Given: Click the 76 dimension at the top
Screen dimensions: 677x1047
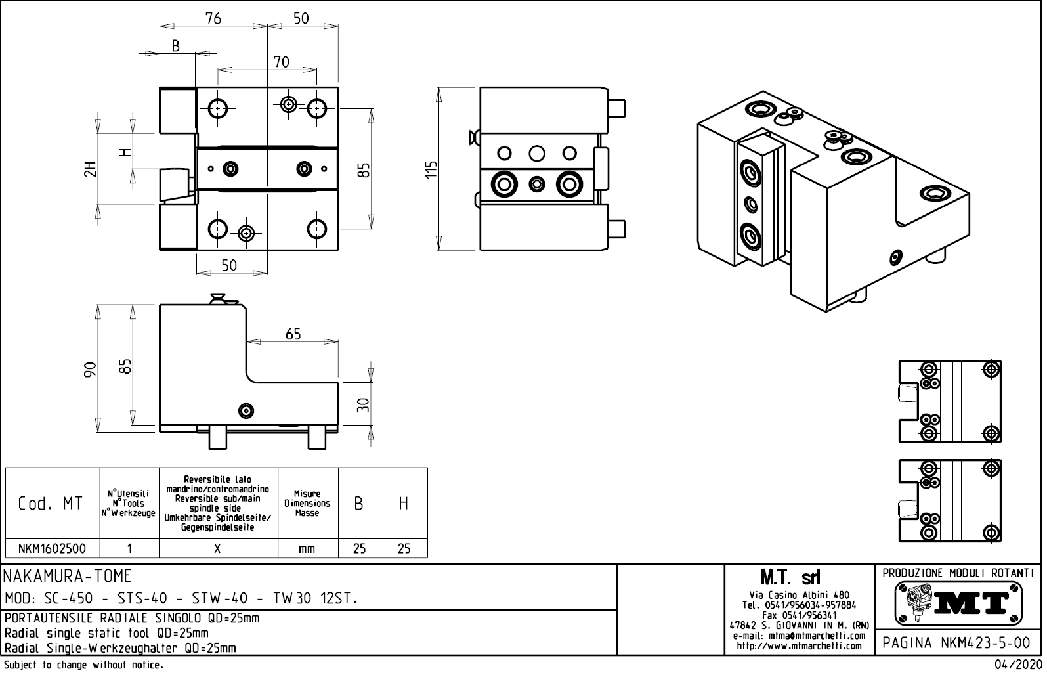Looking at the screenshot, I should tap(213, 18).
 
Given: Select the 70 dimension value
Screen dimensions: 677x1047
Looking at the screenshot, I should tap(281, 62).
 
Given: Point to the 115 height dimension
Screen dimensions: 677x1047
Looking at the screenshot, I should tap(431, 169).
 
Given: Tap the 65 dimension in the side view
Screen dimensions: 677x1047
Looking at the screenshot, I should tap(293, 334).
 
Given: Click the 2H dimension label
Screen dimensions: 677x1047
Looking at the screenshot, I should tap(90, 169).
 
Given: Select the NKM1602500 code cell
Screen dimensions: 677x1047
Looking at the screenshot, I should tap(52, 548).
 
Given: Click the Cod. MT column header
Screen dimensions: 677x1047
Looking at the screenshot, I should tap(51, 504).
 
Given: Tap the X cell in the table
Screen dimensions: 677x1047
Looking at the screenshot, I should tap(218, 548).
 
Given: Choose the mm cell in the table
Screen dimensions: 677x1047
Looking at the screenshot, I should tap(307, 548).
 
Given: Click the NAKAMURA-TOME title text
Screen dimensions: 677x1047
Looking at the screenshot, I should tap(68, 577).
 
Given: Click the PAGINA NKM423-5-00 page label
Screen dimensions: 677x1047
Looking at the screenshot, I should tap(957, 643).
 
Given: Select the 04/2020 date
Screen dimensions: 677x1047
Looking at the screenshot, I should tap(1017, 666).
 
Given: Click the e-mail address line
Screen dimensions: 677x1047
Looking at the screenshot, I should tap(799, 636).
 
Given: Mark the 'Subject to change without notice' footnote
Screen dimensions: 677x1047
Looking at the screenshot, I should tap(83, 665).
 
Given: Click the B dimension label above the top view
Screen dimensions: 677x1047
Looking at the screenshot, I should tap(176, 45).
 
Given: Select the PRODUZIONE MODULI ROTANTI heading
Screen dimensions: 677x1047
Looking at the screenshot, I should tap(958, 572).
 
